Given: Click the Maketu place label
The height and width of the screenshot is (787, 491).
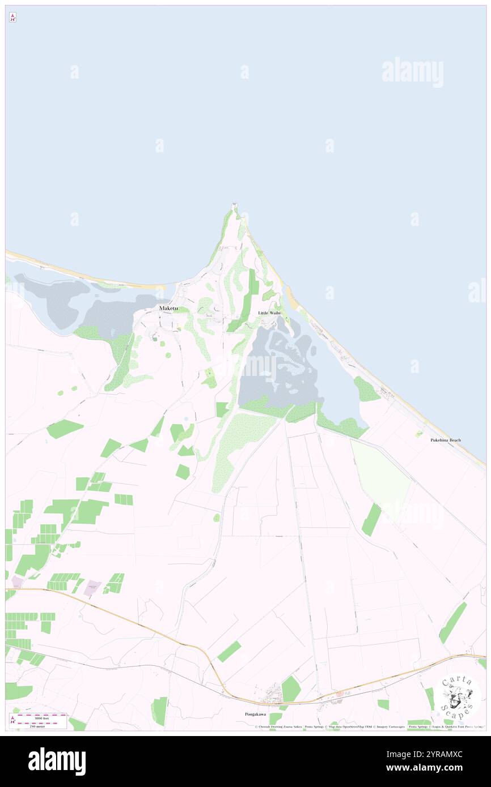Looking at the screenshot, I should click(x=168, y=308).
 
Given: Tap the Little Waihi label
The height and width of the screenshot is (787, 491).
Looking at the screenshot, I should click(x=269, y=313).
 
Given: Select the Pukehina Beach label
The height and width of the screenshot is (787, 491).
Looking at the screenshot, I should click(x=445, y=440).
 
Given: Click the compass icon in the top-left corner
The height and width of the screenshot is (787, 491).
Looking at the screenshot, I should click(x=12, y=18).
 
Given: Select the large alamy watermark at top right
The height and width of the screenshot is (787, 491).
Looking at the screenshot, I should click(x=412, y=72).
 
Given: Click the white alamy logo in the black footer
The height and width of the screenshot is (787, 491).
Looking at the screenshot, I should click(x=57, y=762).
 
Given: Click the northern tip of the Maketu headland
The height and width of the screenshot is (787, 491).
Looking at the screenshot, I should click(x=234, y=205).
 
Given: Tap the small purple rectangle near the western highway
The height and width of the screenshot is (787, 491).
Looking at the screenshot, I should click(x=92, y=587).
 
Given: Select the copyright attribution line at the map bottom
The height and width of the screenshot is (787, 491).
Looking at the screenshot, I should click(x=369, y=726).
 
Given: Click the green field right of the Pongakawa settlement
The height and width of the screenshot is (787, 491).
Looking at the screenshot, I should click(x=291, y=690).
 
